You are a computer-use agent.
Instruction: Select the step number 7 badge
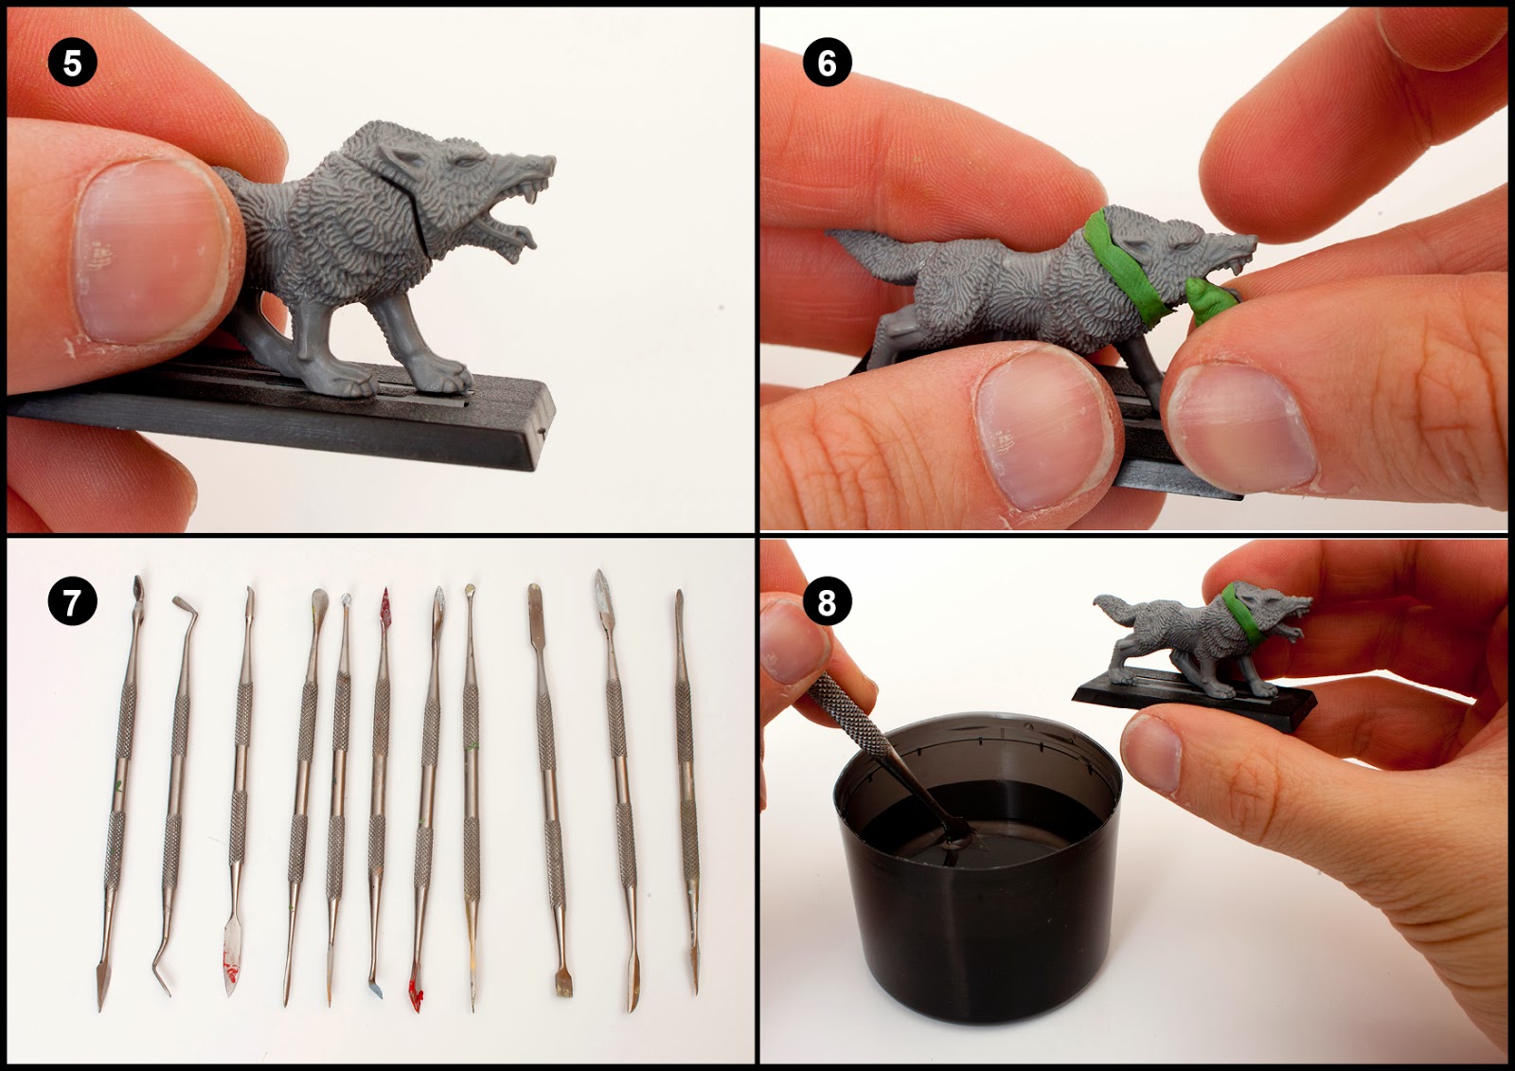[72, 601]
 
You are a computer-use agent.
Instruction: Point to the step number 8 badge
[827, 601]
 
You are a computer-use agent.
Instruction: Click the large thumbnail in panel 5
[151, 251]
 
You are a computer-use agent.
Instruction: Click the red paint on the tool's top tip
[385, 600]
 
